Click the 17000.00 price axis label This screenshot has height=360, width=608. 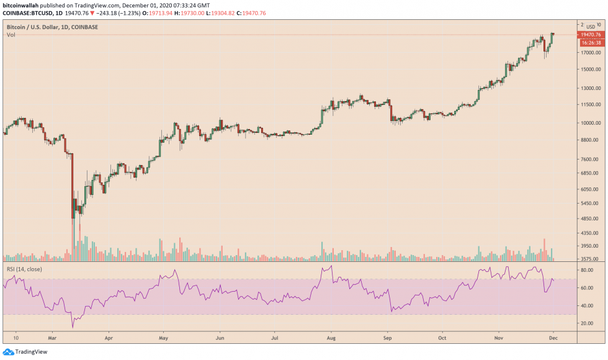coord(590,52)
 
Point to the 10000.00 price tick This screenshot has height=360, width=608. coord(590,123)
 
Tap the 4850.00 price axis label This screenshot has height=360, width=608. coord(590,218)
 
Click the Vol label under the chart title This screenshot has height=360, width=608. coord(11,35)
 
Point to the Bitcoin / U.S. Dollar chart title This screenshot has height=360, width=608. coord(47,27)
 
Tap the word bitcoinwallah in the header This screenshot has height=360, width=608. coord(24,4)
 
